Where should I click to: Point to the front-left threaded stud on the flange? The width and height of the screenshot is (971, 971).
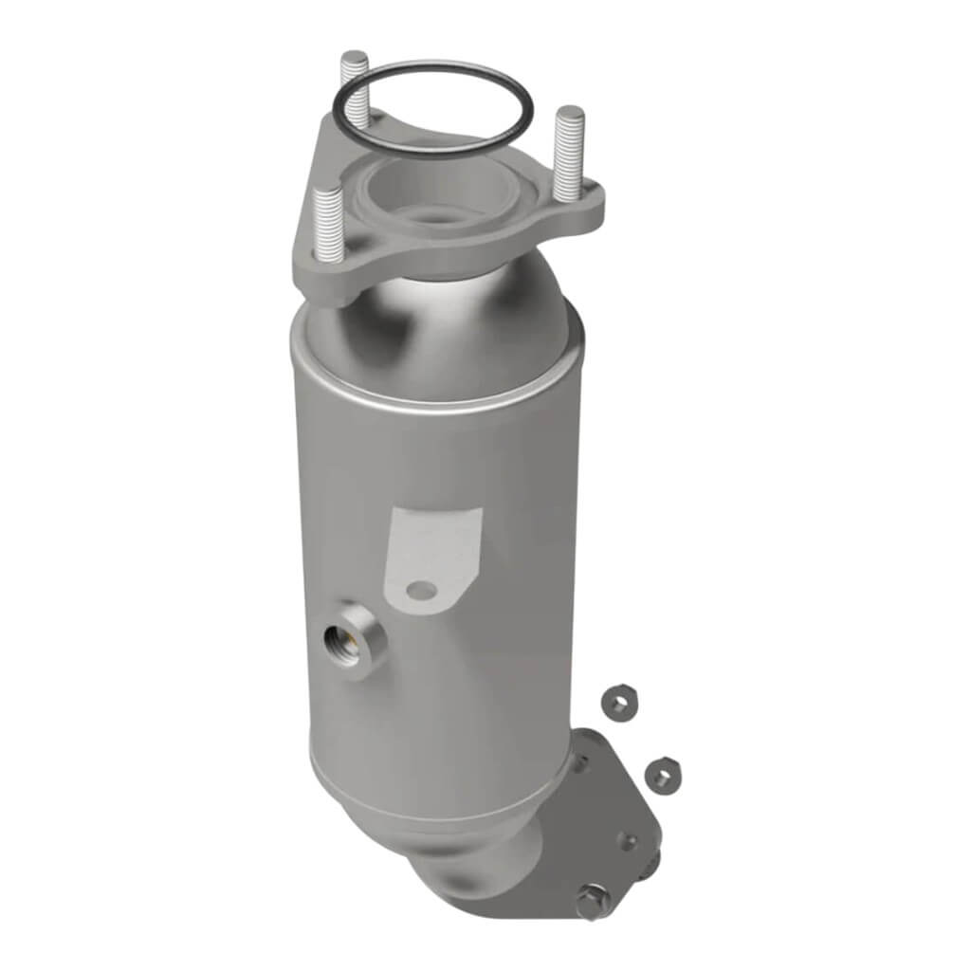(328, 218)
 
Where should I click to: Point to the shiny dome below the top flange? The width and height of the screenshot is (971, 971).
(446, 322)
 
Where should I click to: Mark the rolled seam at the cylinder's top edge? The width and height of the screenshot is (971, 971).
(436, 389)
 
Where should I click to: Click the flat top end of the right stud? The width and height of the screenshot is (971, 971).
(570, 114)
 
